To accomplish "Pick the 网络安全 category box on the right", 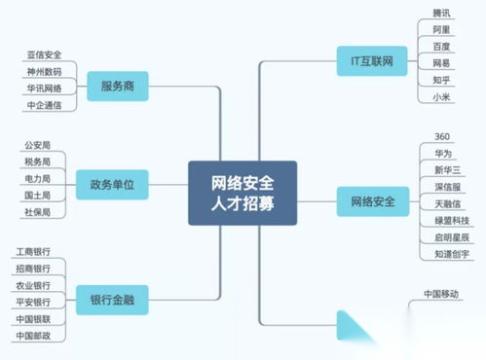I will tap(371, 201).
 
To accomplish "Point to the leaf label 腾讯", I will tap(441, 12).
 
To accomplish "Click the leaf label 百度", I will tap(441, 46).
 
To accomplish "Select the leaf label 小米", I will tap(441, 96).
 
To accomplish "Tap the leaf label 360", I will tap(440, 136).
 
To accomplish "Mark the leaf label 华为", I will tap(441, 154).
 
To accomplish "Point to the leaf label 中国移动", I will tap(441, 293).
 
